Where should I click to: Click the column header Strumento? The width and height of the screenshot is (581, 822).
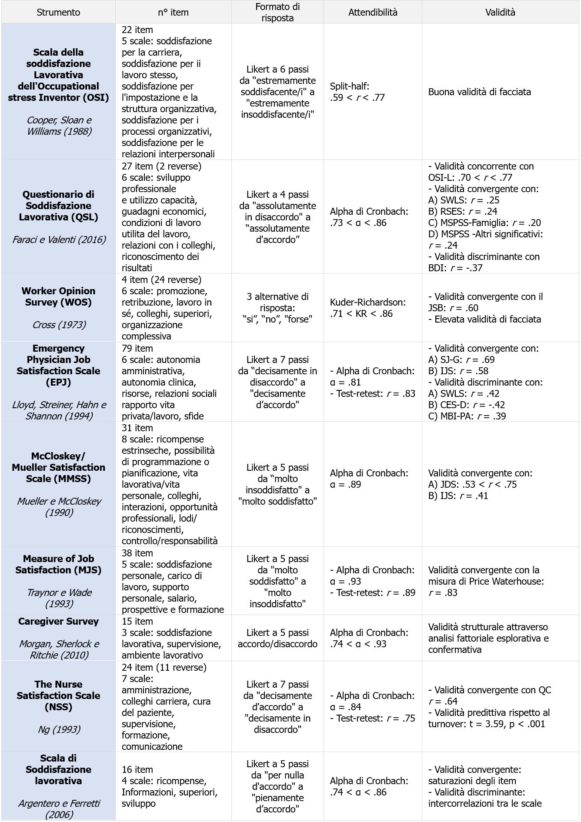pyautogui.click(x=58, y=12)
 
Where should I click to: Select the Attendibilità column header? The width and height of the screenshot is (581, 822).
pyautogui.click(x=373, y=12)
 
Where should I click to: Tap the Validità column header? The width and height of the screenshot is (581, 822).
pyautogui.click(x=500, y=12)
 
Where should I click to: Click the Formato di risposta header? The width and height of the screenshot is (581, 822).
pyautogui.click(x=277, y=12)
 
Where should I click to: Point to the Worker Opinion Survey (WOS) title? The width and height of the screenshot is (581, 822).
pyautogui.click(x=58, y=296)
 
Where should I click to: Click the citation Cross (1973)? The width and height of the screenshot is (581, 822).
pyautogui.click(x=58, y=325)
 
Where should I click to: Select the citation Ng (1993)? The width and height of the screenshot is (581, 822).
pyautogui.click(x=58, y=729)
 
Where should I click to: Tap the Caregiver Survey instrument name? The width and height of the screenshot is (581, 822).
pyautogui.click(x=58, y=621)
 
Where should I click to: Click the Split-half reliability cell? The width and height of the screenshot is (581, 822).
pyautogui.click(x=357, y=92)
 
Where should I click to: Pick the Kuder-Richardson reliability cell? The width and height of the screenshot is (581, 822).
pyautogui.click(x=367, y=308)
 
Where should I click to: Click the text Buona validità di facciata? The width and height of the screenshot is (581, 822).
pyautogui.click(x=479, y=92)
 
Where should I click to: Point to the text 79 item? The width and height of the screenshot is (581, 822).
pyautogui.click(x=137, y=348)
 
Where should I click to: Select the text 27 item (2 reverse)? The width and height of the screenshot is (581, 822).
pyautogui.click(x=161, y=166)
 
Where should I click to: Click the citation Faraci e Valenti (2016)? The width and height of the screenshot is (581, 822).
pyautogui.click(x=58, y=240)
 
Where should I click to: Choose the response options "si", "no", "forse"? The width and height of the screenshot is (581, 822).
pyautogui.click(x=277, y=319)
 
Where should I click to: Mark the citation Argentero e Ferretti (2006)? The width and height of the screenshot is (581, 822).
pyautogui.click(x=58, y=809)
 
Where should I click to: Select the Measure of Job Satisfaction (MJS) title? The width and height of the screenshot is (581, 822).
pyautogui.click(x=58, y=564)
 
